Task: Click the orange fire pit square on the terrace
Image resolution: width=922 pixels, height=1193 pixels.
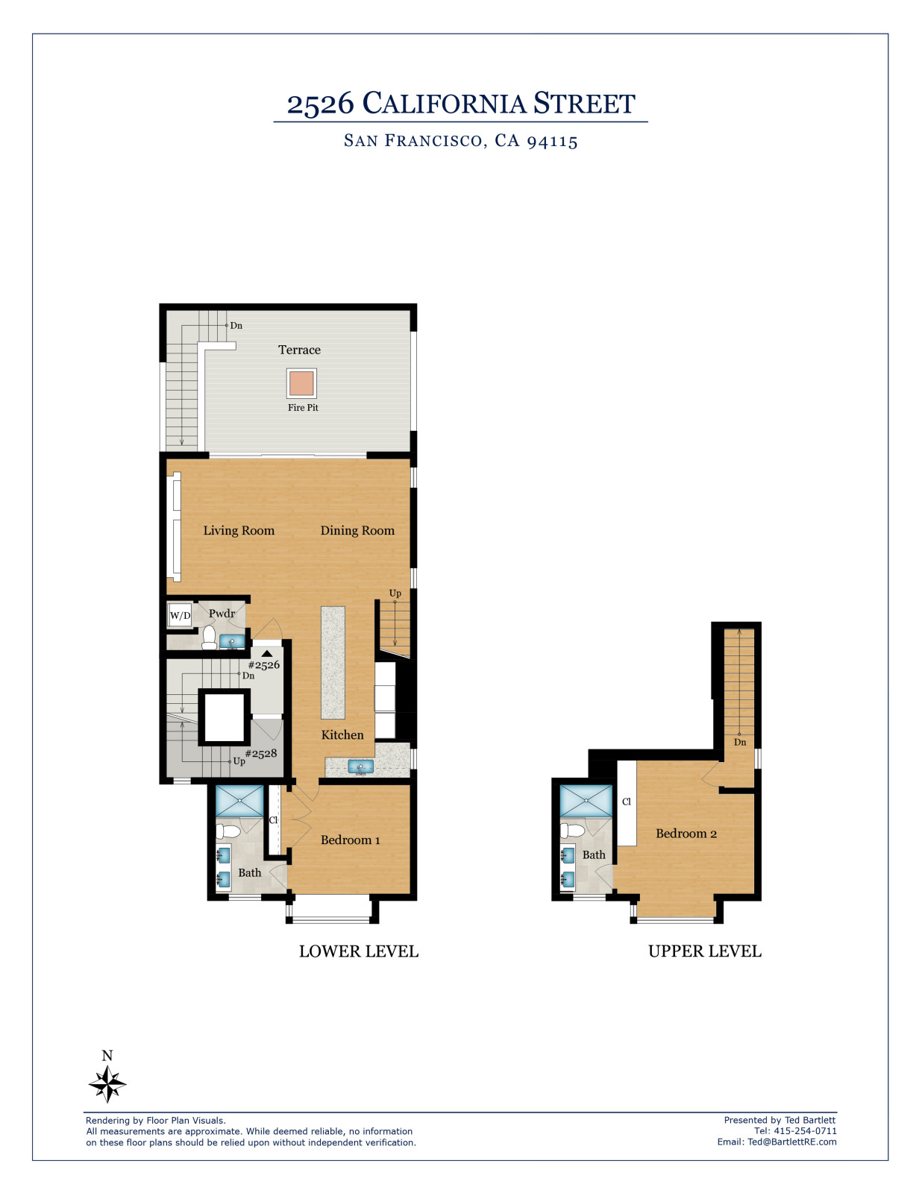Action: [301, 383]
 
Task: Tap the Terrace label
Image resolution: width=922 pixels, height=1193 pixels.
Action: [299, 350]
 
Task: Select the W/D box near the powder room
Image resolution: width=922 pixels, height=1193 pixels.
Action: [180, 615]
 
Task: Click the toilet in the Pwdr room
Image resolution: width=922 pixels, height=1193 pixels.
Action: [209, 638]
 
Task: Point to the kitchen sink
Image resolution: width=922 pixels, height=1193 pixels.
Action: [361, 767]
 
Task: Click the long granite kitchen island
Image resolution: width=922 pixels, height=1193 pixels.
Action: [333, 663]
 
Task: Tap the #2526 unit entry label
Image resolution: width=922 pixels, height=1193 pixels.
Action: [264, 665]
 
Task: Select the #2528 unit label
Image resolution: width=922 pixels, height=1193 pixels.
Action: [261, 753]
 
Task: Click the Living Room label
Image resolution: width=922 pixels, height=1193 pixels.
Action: [239, 530]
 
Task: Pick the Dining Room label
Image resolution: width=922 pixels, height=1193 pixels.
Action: [357, 530]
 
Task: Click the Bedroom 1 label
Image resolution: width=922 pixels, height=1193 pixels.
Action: [351, 840]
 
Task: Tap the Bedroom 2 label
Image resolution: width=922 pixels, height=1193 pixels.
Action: [686, 834]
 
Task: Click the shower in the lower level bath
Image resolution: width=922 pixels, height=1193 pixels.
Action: [239, 801]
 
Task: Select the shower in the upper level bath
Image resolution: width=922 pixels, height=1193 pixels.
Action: [586, 801]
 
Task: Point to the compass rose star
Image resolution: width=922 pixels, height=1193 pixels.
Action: [107, 1083]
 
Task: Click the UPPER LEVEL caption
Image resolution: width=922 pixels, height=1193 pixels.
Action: [704, 951]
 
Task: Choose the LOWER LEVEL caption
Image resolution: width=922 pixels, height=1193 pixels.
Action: [359, 951]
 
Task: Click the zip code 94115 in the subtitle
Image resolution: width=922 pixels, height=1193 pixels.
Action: [553, 141]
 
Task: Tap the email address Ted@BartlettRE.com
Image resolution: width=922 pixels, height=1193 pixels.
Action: [792, 1142]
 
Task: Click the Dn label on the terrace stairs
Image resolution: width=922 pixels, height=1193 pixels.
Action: [236, 326]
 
